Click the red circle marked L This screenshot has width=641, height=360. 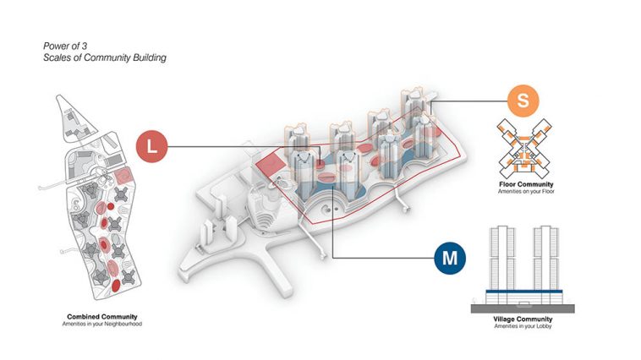point(151,146)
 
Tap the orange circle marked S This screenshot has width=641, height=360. point(523,101)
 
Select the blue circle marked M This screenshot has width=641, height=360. point(450,258)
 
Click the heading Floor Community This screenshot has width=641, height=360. point(526,184)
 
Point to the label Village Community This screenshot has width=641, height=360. point(523,319)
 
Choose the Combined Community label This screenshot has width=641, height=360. point(102,317)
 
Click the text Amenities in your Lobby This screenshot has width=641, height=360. point(523,326)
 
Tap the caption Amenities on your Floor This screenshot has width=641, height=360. point(526,191)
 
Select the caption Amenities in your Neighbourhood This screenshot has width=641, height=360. point(102,324)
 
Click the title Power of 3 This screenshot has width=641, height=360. point(65,46)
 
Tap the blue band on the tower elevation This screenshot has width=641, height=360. point(524,292)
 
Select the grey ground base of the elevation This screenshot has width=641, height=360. point(523,308)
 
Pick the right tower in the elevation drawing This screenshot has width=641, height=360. point(545,258)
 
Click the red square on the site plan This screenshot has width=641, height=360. point(123,176)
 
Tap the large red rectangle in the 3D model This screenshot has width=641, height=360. point(271,166)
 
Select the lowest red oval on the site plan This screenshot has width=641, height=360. point(116,286)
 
